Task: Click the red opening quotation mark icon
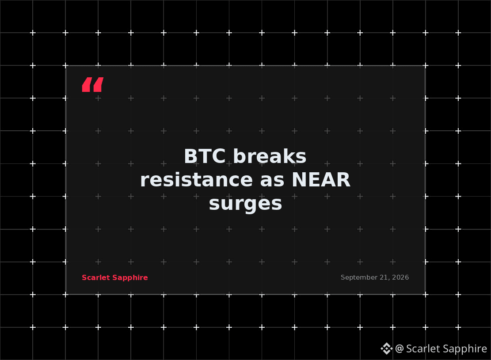tap(93, 84)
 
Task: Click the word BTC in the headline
tap(205, 156)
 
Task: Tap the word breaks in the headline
tap(270, 156)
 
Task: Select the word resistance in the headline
tap(196, 180)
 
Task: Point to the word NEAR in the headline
tap(321, 180)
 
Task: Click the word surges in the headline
tap(246, 204)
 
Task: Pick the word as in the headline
tap(272, 181)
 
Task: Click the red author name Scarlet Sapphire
tap(114, 278)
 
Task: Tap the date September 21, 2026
tap(375, 277)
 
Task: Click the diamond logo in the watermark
tap(387, 349)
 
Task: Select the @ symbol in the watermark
tap(399, 349)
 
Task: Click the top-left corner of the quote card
tap(66, 66)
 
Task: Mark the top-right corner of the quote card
tap(425, 66)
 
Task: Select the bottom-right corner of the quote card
tap(425, 294)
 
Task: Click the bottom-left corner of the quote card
tap(66, 294)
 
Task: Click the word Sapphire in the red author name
tap(130, 278)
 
